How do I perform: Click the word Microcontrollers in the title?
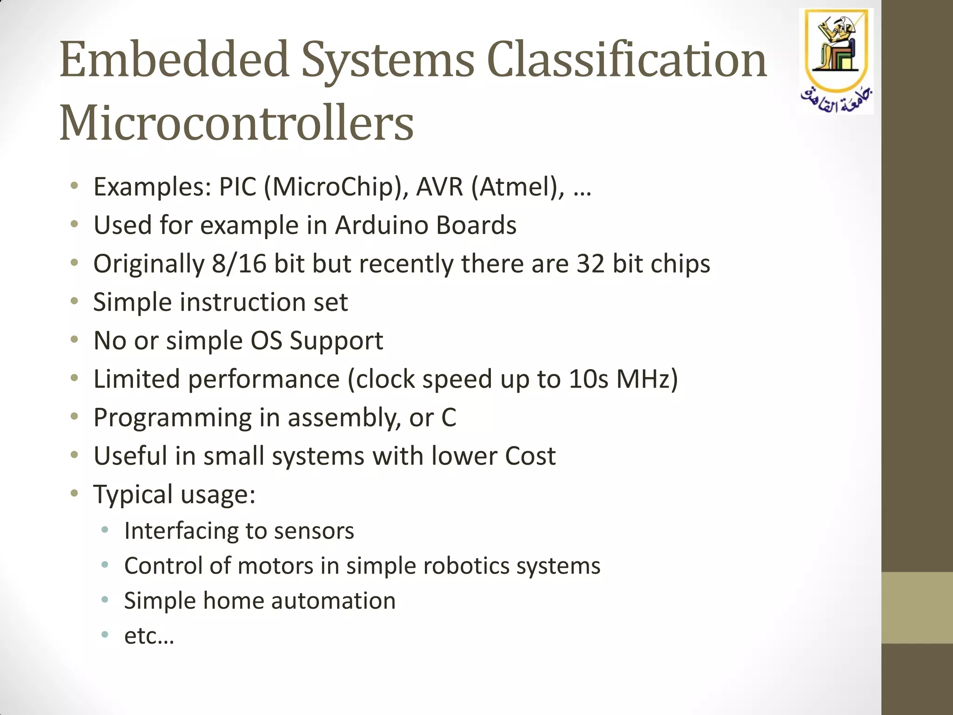coord(236,123)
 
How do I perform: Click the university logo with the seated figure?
coord(836,47)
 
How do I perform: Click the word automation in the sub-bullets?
coord(333,600)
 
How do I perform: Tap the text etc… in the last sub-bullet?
coord(149,636)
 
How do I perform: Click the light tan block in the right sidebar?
coord(917,607)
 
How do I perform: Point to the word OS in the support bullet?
coord(266,341)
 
